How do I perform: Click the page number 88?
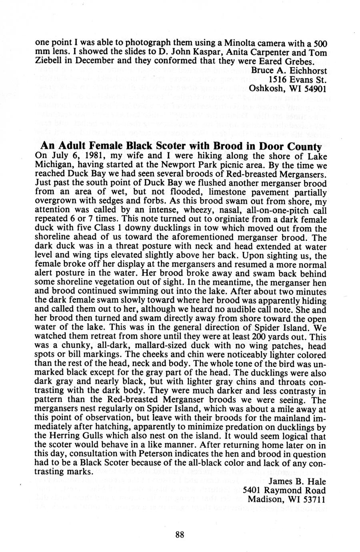(179, 535)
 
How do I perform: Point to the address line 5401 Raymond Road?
(284, 490)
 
